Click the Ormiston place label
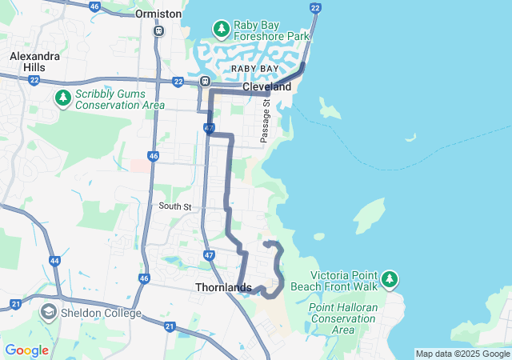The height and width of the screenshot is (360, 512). coord(159,14)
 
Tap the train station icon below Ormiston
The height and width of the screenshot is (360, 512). coord(159,30)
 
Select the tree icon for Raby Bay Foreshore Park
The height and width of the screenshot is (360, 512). coord(221,30)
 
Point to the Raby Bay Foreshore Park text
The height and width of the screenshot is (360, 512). coord(270,30)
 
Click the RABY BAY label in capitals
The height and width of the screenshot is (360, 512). coord(254,70)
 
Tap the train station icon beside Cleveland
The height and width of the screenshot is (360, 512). coord(206,81)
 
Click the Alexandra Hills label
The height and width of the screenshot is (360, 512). coord(34,62)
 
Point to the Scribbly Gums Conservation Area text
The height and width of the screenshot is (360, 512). coord(120,98)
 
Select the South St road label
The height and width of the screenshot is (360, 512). coord(175,206)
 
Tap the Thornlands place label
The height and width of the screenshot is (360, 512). coord(223,287)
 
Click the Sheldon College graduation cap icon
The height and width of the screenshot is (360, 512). coord(48,313)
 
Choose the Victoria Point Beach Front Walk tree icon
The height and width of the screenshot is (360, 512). coord(389,278)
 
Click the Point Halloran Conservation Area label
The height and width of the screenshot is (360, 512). coord(342,318)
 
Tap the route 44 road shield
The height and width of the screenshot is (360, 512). coord(54,261)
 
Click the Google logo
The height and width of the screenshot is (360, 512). coord(26,350)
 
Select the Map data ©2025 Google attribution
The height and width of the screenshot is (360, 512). coord(462,354)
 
